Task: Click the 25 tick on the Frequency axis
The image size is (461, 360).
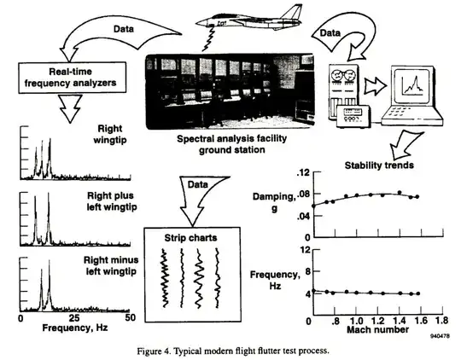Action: pyautogui.click(x=76, y=318)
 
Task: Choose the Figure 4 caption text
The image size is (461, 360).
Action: pyautogui.click(x=232, y=351)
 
